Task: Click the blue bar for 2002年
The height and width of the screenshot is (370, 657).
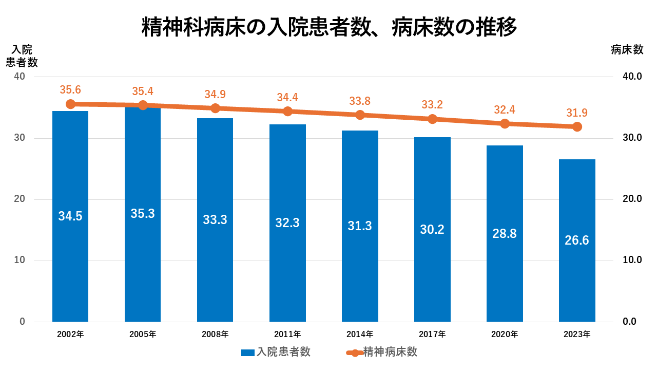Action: (70, 257)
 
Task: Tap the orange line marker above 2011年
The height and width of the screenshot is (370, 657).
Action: (288, 112)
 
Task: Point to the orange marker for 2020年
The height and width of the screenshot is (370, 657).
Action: (505, 123)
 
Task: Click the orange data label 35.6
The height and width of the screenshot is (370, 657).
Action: (70, 90)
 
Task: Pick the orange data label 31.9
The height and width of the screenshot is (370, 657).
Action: (577, 113)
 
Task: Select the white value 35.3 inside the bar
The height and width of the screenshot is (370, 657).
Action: (143, 214)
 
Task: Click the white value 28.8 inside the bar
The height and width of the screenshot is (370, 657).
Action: (505, 234)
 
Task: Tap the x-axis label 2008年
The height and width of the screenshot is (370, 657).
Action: (215, 335)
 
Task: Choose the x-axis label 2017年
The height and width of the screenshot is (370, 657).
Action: (432, 335)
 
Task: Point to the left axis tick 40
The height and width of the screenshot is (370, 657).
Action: (20, 77)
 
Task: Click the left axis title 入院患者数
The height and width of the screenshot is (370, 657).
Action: (22, 56)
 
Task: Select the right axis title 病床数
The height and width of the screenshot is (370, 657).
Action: (627, 50)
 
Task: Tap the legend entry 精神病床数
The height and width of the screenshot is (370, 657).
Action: (390, 352)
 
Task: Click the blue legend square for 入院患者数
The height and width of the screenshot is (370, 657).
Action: (248, 353)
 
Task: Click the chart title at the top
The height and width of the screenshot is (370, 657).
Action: (328, 27)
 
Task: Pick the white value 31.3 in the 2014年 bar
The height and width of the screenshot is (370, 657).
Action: (360, 226)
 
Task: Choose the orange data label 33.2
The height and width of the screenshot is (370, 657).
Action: (432, 105)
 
